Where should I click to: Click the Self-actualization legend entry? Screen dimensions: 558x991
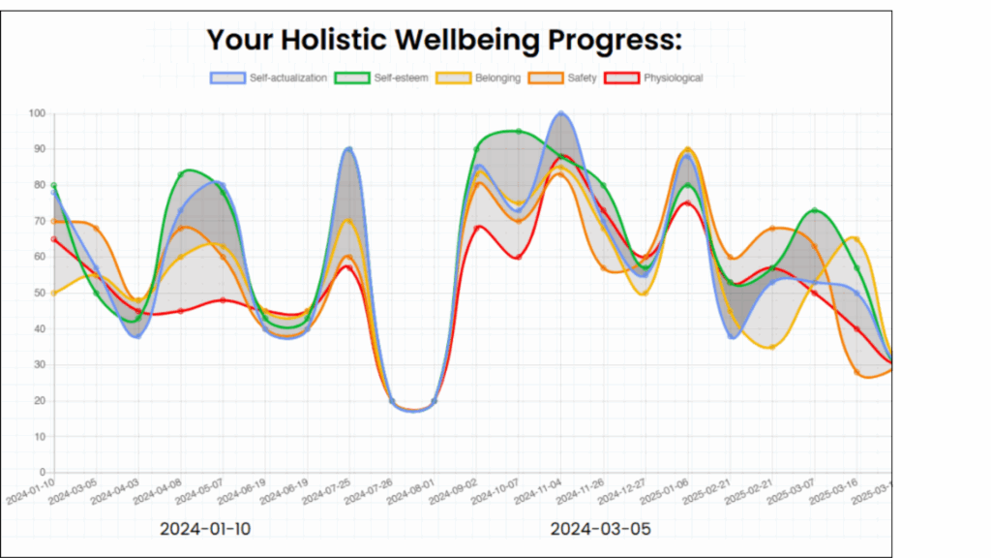(x=269, y=77)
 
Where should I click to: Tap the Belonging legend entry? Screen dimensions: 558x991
(x=479, y=77)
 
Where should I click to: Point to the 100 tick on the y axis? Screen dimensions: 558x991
(x=37, y=113)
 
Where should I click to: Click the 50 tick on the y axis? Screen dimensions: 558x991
(x=39, y=293)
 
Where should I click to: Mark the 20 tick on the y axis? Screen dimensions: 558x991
(x=39, y=400)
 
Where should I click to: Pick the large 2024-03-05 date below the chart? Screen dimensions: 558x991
(x=600, y=529)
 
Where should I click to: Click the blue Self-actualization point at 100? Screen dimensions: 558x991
(x=560, y=114)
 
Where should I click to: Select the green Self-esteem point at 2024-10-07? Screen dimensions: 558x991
(x=519, y=132)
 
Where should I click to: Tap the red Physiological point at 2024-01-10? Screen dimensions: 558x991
(x=54, y=239)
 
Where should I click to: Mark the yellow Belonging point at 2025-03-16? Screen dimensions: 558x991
(x=856, y=238)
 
